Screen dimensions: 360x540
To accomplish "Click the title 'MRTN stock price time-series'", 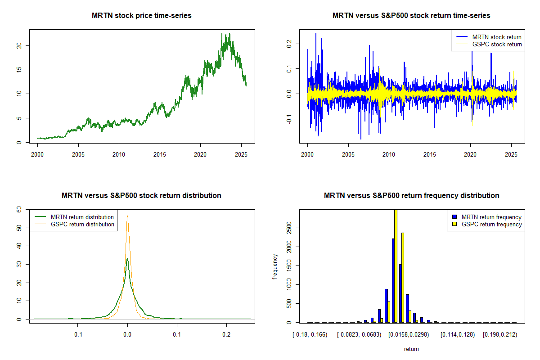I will click(x=142, y=16).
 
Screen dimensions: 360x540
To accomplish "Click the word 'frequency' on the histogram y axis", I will click(x=275, y=267).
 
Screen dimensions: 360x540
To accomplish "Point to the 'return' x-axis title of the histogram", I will click(x=411, y=349).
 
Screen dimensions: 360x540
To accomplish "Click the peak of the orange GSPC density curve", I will click(x=127, y=216).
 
